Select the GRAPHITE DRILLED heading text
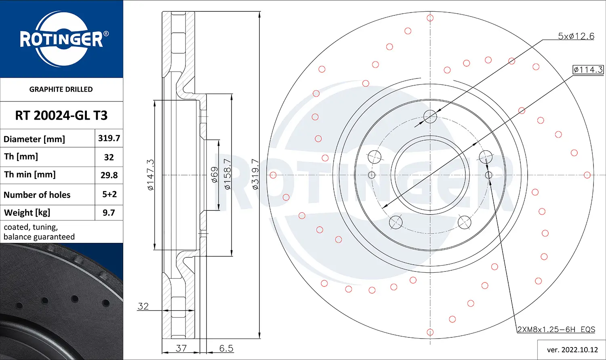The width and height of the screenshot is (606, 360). [x=61, y=89]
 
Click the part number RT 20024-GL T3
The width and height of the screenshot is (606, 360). [x=61, y=116]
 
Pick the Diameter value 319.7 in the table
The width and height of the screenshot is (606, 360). [x=109, y=138]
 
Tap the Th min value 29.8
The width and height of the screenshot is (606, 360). [x=109, y=175]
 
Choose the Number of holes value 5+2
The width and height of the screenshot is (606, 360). [x=109, y=194]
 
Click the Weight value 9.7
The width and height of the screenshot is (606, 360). [x=109, y=213]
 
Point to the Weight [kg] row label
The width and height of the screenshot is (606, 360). [x=27, y=213]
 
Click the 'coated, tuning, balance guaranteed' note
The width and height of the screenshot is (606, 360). [x=39, y=232]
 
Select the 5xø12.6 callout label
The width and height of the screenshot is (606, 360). [x=576, y=36]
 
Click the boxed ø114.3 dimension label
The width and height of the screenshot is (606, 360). [x=588, y=69]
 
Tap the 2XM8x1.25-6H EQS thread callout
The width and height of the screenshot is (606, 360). [x=556, y=329]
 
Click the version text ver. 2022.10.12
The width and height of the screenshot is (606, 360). [x=572, y=349]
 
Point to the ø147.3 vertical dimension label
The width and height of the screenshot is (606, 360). [x=150, y=175]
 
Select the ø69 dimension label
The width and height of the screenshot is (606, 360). [x=215, y=175]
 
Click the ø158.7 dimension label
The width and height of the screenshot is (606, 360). [x=227, y=175]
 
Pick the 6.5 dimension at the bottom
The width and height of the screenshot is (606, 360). [x=226, y=348]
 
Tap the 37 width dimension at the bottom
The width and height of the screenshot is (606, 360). [x=181, y=348]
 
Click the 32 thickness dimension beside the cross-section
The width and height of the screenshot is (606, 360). [x=143, y=306]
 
